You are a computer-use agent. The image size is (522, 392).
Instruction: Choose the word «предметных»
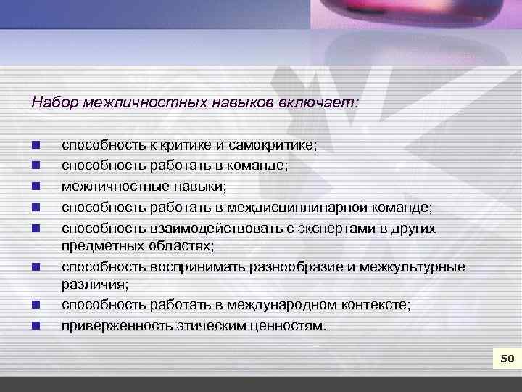(x=101, y=246)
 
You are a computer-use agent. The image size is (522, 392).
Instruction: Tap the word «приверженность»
(x=117, y=325)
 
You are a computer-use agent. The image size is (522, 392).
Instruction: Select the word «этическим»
(x=207, y=325)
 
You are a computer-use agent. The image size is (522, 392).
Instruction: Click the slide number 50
(x=506, y=358)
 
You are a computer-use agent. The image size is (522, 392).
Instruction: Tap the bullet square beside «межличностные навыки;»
(x=36, y=187)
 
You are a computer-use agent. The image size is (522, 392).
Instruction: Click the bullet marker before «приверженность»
(x=36, y=325)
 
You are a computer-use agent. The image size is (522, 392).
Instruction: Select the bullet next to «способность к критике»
(x=36, y=145)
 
